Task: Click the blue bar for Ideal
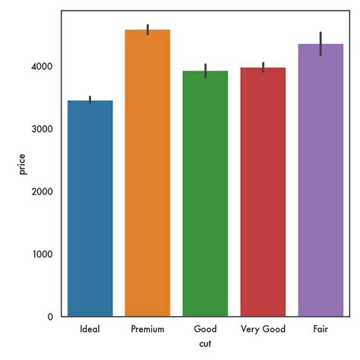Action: (90, 209)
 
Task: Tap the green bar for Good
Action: (205, 194)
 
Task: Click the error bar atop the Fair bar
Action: (321, 44)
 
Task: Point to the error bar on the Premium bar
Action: (147, 30)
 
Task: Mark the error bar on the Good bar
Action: (205, 71)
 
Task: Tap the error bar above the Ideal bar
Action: (90, 99)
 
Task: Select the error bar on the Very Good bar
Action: (263, 67)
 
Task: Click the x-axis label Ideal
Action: (90, 330)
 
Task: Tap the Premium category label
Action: (147, 330)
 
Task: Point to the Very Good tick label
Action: (263, 330)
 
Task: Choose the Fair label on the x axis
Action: (321, 330)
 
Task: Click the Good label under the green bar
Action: (205, 330)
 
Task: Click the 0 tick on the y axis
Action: (51, 317)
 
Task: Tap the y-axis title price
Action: (23, 163)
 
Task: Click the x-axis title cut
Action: (205, 345)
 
